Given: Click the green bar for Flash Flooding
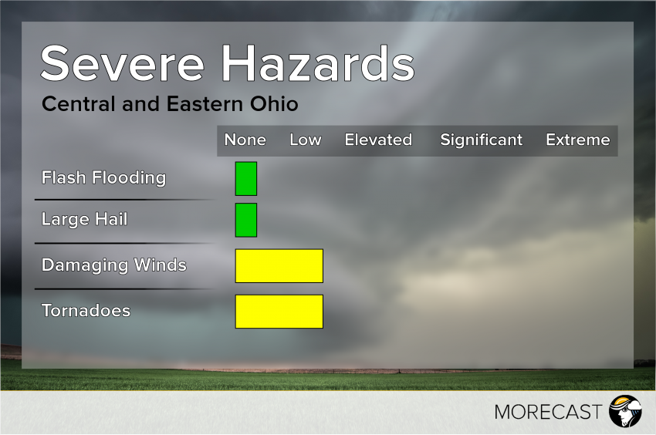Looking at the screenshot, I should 246,179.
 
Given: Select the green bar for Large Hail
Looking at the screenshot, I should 246,220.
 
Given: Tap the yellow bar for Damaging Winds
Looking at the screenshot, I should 279,265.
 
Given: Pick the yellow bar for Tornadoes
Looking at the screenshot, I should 279,312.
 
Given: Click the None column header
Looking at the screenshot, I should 245,140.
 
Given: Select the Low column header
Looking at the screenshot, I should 305,140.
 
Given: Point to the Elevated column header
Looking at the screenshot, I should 378,140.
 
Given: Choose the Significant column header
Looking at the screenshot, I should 481,140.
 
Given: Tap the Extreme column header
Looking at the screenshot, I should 577,140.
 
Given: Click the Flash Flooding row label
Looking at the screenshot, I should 103,178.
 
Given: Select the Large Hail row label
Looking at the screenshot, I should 84,220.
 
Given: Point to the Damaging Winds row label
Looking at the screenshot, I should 113,265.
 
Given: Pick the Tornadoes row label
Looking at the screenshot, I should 86,311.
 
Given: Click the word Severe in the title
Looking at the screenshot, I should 123,64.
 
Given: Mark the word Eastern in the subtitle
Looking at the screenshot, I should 194,103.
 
